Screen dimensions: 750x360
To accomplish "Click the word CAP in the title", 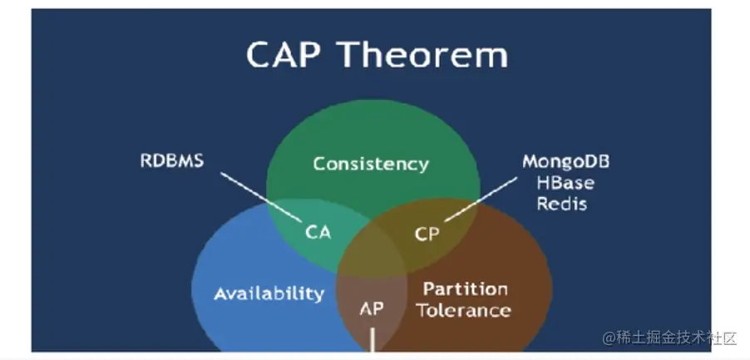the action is tap(284, 54).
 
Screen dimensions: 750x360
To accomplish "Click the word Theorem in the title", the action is tap(424, 54).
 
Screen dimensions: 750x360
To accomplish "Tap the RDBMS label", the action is tap(172, 160).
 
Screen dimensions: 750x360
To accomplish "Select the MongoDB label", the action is tap(566, 161).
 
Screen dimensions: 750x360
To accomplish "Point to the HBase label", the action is tap(566, 183).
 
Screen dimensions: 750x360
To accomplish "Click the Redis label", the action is tap(562, 204).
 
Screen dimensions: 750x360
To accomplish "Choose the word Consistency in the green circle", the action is tap(371, 165).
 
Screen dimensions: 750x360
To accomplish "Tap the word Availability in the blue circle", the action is tap(269, 293).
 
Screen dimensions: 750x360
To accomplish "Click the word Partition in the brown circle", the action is tap(466, 288).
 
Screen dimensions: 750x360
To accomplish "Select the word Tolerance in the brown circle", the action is tap(463, 310).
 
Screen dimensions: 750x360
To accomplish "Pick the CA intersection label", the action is tap(318, 232).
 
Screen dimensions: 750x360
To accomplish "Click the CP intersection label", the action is tap(427, 234).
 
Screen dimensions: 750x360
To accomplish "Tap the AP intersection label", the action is tap(372, 308).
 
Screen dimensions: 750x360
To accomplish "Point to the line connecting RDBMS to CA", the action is tap(261, 197).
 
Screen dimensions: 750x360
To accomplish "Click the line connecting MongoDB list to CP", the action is tap(481, 200).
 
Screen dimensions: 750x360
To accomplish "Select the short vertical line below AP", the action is tap(373, 339).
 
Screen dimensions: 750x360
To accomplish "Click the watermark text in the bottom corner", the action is tap(669, 338).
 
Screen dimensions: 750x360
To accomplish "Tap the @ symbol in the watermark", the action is tap(609, 338).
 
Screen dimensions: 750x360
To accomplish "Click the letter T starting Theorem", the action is tap(351, 54).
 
